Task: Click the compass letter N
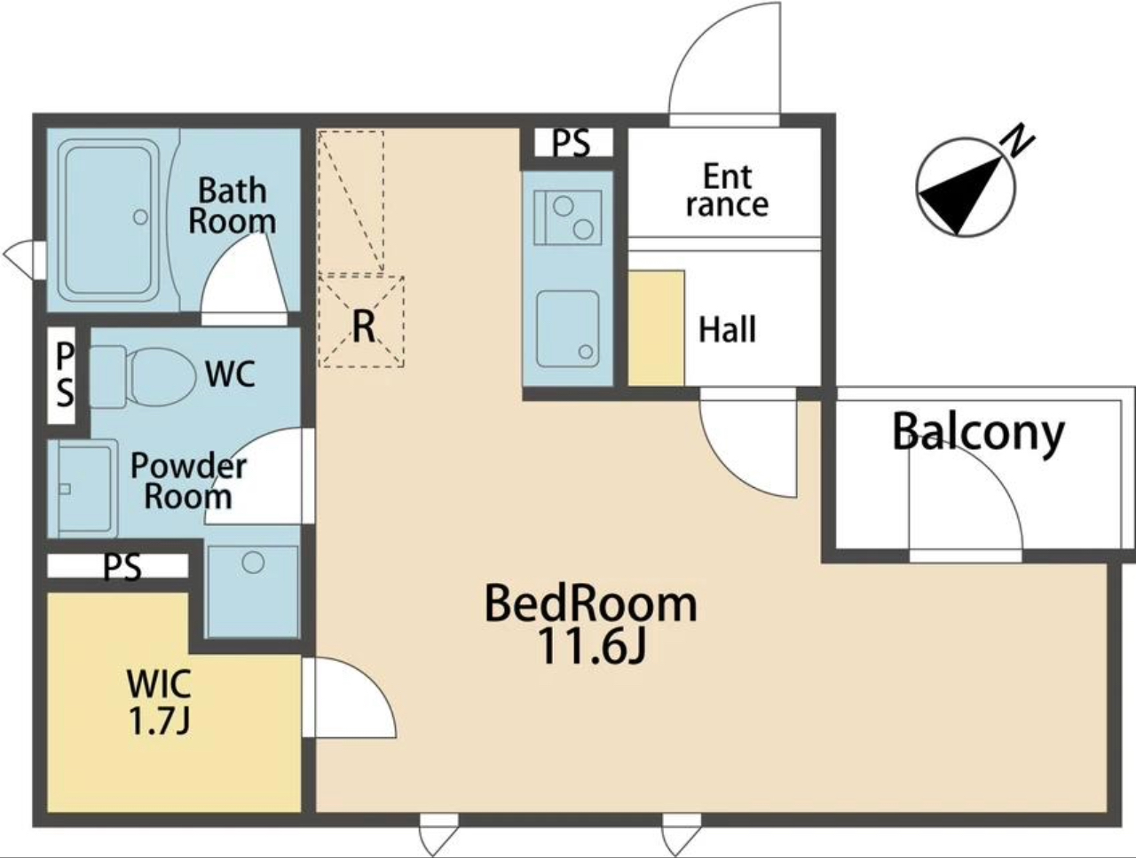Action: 1018,139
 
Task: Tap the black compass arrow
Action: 960,195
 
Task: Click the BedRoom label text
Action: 591,604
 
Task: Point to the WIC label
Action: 159,683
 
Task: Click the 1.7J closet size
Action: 159,721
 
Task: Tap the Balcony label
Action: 978,432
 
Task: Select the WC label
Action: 230,374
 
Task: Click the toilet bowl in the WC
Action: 162,377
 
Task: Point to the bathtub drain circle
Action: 140,216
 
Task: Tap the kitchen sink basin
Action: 568,329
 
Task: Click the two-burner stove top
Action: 568,217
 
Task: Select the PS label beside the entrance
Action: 571,143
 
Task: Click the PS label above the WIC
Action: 122,567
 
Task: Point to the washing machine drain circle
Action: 253,563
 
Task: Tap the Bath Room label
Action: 232,206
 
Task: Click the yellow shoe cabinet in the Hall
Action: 657,328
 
